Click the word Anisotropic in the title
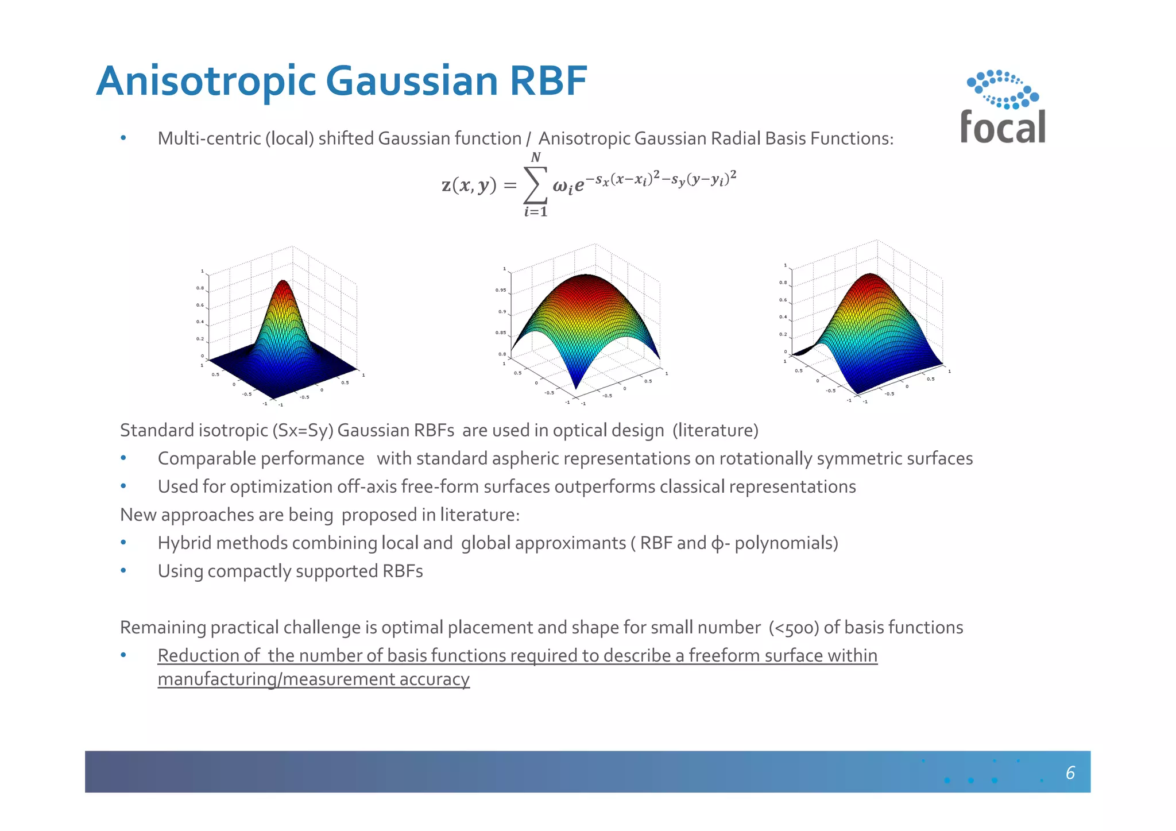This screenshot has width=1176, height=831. click(206, 81)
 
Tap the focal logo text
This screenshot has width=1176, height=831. click(1003, 127)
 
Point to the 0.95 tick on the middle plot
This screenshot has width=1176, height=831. click(501, 291)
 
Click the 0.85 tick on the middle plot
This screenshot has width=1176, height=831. click(501, 333)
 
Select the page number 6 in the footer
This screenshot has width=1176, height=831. click(1070, 773)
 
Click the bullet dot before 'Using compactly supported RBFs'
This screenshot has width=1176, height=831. click(123, 571)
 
